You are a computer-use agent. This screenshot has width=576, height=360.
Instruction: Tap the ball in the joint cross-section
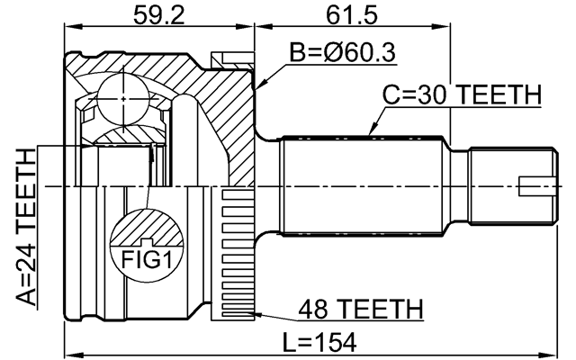(x=121, y=94)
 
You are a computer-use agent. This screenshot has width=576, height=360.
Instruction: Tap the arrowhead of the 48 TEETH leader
(x=256, y=314)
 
